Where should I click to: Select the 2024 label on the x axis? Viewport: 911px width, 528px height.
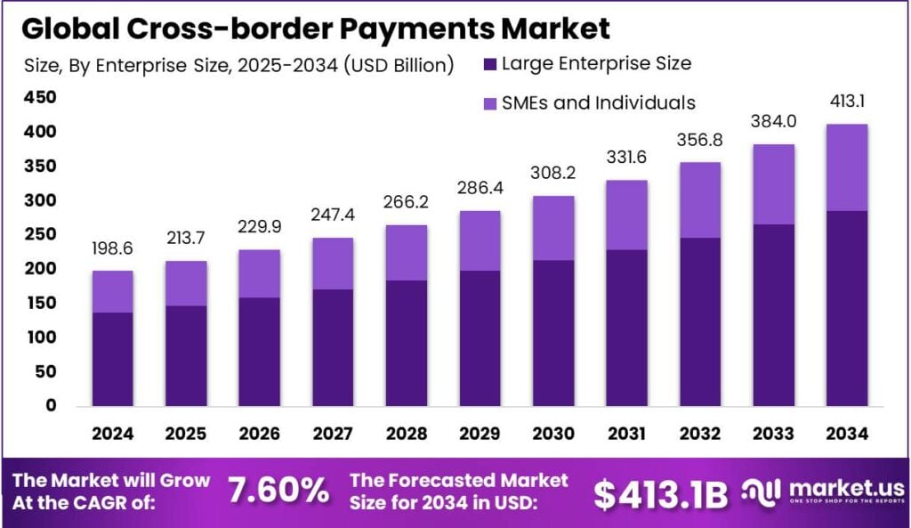click(112, 434)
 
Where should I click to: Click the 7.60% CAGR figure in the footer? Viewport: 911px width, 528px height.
click(278, 491)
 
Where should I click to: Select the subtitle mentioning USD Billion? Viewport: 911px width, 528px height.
click(238, 64)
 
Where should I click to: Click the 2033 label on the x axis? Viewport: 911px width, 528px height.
click(773, 434)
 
